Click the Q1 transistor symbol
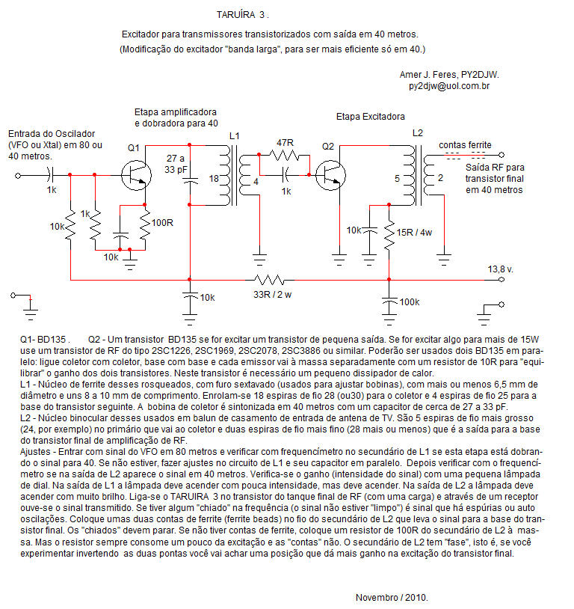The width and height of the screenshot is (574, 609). coord(136,175)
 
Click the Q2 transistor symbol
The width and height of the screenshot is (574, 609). coord(330,175)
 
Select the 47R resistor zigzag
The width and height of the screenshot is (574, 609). coord(285,156)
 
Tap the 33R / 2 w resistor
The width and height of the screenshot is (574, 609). coord(269,280)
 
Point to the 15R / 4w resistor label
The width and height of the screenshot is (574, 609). coord(414,233)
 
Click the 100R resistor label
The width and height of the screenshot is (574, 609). coord(162,223)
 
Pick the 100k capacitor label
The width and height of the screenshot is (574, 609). coord(410,302)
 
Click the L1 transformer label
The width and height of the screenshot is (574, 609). coord(235,136)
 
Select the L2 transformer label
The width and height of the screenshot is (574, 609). coord(418,133)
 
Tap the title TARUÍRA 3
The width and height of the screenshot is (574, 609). coord(243,15)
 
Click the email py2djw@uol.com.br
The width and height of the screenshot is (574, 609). coord(449,86)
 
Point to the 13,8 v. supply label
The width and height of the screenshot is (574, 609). coord(500,269)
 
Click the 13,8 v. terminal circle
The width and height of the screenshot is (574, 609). coord(502,280)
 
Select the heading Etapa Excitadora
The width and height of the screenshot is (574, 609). coord(370,117)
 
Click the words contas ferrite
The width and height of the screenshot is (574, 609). coord(465,145)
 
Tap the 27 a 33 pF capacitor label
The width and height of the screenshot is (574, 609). coord(176,164)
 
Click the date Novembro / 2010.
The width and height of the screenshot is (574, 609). coord(392,597)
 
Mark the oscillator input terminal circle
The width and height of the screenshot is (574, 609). coord(18,176)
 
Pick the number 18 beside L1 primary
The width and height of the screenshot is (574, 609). coord(214,179)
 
